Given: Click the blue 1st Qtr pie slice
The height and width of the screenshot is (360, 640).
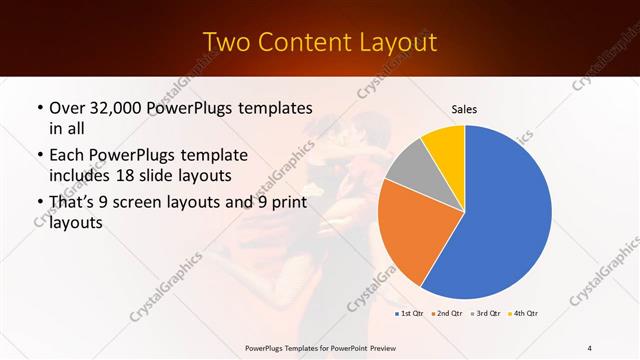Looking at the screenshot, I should point(500,215).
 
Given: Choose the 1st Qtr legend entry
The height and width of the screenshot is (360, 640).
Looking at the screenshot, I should point(411,314).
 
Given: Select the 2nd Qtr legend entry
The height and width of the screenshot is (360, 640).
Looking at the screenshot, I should point(449,314).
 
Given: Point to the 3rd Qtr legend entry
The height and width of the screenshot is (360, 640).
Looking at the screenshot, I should point(487,314).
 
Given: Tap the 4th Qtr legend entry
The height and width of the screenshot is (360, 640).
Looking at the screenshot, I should point(525,314).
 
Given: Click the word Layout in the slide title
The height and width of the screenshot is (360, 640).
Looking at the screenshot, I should point(393,42).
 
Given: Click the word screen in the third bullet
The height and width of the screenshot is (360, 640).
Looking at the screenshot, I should point(160,203).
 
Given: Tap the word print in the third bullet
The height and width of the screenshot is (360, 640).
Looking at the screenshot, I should point(286,203).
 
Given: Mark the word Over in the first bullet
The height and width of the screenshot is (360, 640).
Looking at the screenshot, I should point(67,107).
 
